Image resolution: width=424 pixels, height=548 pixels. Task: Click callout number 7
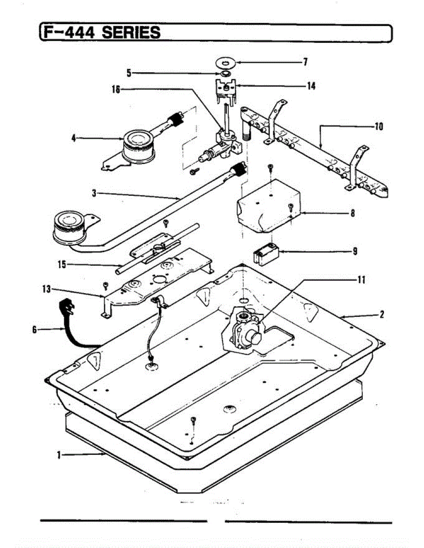(305, 61)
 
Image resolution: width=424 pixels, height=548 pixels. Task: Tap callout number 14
(311, 85)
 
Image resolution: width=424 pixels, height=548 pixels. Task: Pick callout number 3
(94, 193)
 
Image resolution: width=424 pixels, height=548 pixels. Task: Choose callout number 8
(353, 213)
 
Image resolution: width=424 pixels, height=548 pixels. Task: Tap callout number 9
(355, 251)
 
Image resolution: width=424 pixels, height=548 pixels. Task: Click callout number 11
(361, 280)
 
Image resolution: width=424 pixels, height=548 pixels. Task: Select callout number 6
(34, 329)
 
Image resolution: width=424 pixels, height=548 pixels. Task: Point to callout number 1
(59, 454)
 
